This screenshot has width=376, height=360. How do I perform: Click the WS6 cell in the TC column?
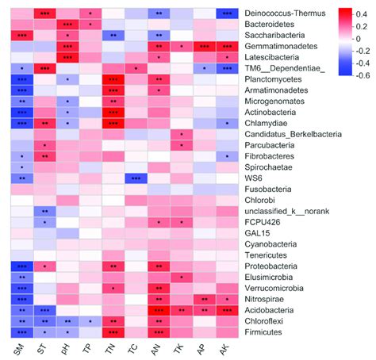(136, 178)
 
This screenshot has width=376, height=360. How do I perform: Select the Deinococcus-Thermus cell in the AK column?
(228, 13)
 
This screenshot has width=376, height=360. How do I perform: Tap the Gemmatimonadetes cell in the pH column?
(67, 47)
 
